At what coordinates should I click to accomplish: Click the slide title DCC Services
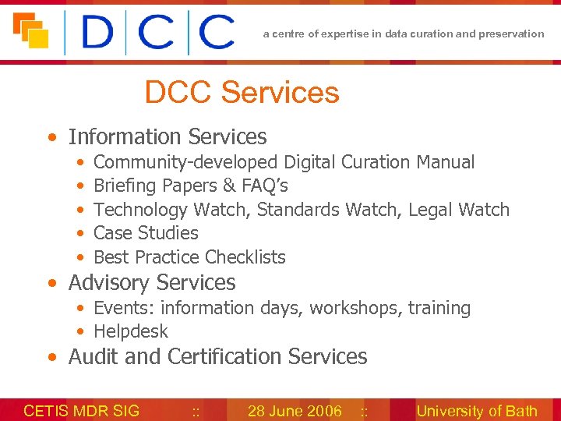coord(242,93)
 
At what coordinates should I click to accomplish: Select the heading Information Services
coord(168,137)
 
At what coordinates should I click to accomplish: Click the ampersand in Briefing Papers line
coord(229,186)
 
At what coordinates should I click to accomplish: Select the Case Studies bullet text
coord(146,233)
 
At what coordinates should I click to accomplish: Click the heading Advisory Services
coord(152,283)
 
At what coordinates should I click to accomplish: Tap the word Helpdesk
coord(131,331)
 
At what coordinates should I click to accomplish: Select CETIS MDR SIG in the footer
coord(82,411)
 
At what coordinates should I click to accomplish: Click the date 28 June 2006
coord(295,411)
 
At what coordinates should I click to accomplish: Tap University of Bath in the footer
coord(477,411)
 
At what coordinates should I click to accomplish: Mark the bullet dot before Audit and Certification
coord(51,358)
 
